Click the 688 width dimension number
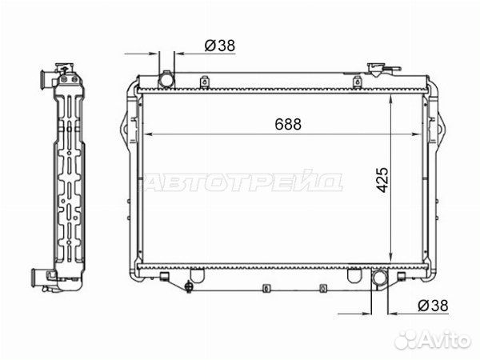tap(288, 124)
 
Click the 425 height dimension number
tap(382, 180)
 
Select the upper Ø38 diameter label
tap(220, 46)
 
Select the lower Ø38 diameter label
tap(433, 306)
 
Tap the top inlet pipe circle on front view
tap(166, 80)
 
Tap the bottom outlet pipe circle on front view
tap(380, 278)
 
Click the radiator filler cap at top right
tap(375, 69)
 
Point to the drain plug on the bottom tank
tap(189, 287)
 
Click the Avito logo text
tap(446, 339)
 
